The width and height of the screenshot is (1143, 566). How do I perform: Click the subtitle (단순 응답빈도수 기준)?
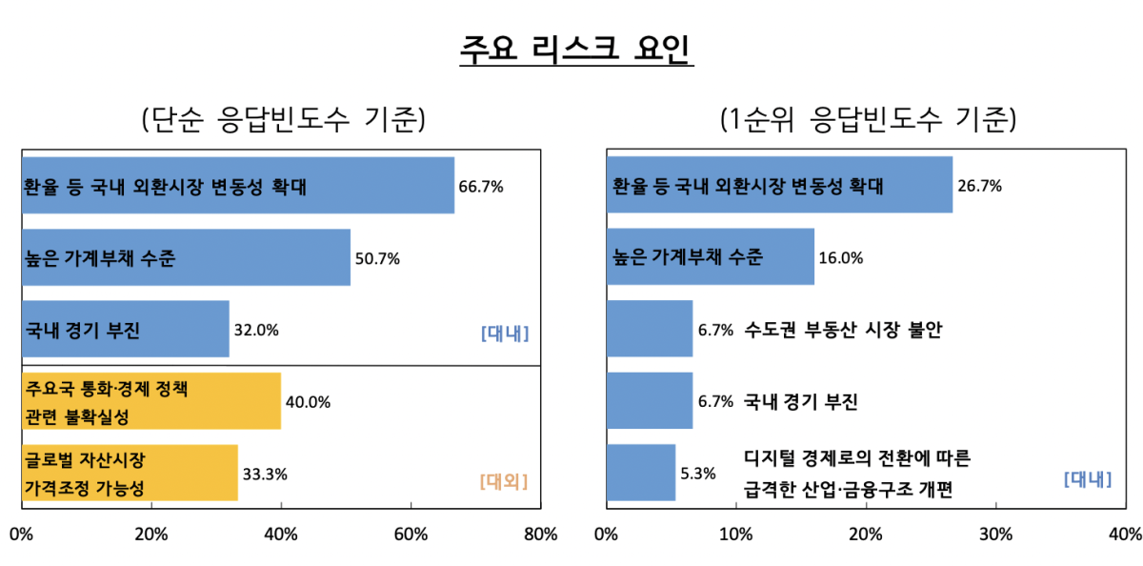pyautogui.click(x=283, y=120)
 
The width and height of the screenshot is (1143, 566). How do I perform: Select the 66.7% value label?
pyautogui.click(x=481, y=186)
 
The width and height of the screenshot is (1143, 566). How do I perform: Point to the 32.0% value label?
pyautogui.click(x=256, y=331)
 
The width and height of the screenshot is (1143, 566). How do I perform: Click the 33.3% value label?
pyautogui.click(x=265, y=474)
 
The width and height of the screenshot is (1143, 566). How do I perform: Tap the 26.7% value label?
pyautogui.click(x=979, y=186)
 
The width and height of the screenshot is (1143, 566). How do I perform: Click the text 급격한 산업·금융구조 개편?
pyautogui.click(x=849, y=490)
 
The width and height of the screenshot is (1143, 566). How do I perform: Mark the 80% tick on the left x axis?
pyautogui.click(x=540, y=534)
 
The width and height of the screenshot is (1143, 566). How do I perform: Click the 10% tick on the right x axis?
pyautogui.click(x=735, y=534)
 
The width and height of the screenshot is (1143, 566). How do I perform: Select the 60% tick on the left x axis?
pyautogui.click(x=411, y=534)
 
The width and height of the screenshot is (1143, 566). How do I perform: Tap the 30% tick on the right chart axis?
pyautogui.click(x=995, y=534)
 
